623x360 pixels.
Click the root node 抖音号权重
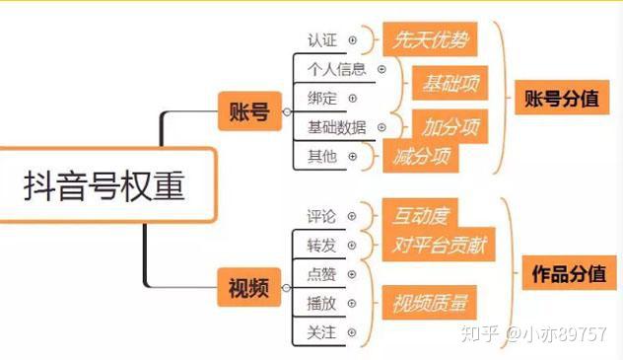point(104,185)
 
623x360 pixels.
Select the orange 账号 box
point(247,112)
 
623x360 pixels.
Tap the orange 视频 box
point(247,288)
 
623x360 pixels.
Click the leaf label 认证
point(322,40)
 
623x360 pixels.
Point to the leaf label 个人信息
point(336,69)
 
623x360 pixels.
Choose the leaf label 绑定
point(322,99)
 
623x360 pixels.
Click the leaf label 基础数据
point(336,127)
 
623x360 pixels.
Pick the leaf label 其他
point(322,156)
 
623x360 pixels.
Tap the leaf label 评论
point(321,216)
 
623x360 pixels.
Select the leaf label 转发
point(321,245)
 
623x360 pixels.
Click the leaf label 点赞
point(321,273)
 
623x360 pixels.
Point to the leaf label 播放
point(321,303)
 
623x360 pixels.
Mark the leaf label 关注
point(321,332)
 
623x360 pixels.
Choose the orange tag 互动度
point(420,213)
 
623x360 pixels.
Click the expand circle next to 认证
point(353,40)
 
